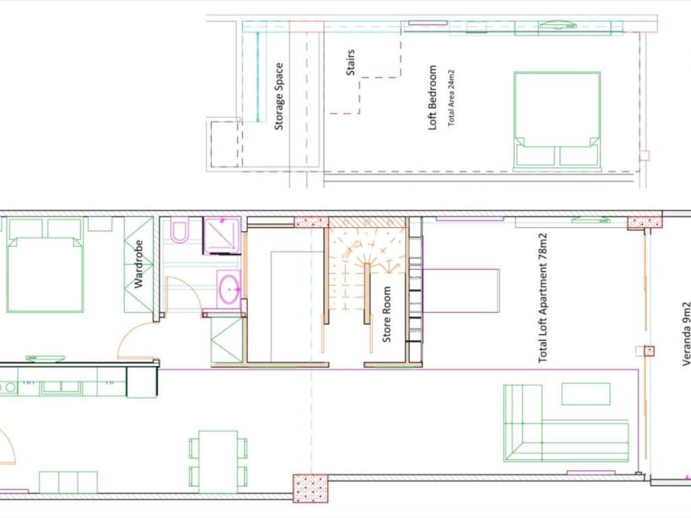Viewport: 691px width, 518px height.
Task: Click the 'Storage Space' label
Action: pos(279,96)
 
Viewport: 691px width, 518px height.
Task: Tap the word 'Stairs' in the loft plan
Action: pos(351,62)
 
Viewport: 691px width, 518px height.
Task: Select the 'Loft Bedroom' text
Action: pos(433,97)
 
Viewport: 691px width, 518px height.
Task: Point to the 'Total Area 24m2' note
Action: pos(451,98)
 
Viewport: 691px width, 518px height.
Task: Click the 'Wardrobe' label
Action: pos(138,264)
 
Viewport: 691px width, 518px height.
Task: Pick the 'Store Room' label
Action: pos(387,314)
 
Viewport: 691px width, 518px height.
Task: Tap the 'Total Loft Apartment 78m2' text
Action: pos(543,298)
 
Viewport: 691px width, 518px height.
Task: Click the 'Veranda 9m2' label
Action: pos(686,334)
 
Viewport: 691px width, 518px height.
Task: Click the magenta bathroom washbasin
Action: pos(229,289)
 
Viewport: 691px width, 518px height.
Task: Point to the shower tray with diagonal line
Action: pos(221,235)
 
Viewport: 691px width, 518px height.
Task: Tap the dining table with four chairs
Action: pos(218,461)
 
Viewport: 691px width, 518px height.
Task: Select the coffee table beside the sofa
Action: pos(586,394)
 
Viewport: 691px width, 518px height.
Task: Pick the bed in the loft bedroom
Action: pos(557,120)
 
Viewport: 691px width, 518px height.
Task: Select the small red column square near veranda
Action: pos(649,351)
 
